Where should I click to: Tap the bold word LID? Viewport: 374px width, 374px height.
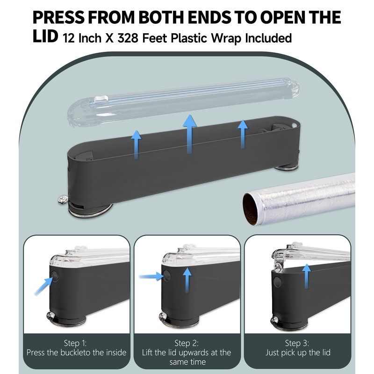point(45,37)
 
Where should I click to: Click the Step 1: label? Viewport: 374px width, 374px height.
point(77,343)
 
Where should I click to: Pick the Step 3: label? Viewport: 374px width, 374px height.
point(297,343)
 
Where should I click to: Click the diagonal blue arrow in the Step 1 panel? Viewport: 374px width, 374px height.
point(43,285)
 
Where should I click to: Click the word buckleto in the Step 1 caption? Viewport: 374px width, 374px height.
point(79,352)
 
